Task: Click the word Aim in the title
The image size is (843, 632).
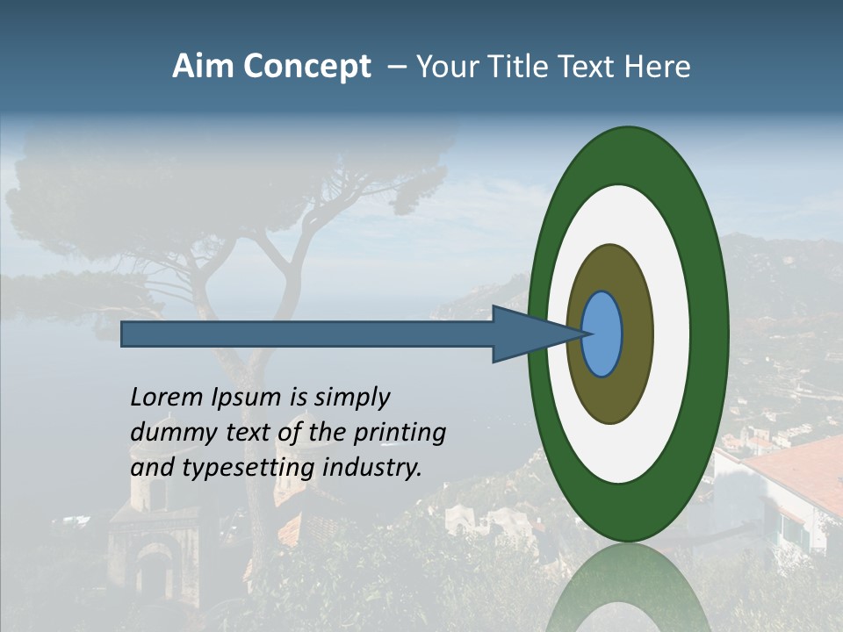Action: tap(204, 67)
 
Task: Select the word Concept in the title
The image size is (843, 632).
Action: tap(307, 68)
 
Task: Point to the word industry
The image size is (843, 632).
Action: tap(372, 467)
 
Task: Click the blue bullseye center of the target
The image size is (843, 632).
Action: tap(602, 334)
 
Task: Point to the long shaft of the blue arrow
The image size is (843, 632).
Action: tap(307, 334)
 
